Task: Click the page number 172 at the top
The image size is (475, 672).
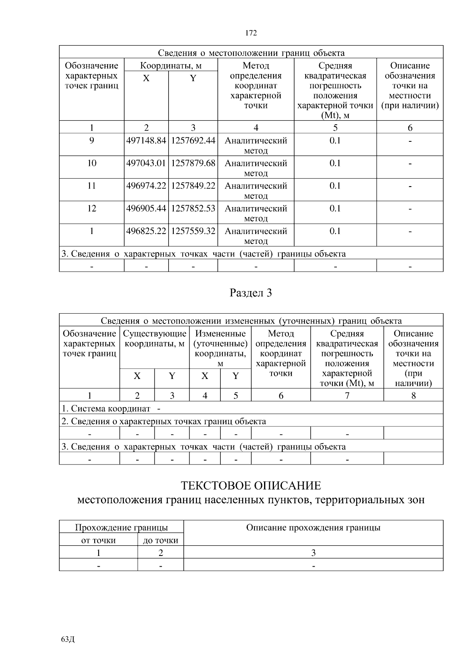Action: tap(251, 33)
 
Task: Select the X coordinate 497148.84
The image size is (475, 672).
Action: tap(146, 141)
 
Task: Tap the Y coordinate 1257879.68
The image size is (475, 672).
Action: tap(193, 163)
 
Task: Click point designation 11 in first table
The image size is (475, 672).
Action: tap(91, 186)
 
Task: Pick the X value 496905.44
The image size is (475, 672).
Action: tap(146, 208)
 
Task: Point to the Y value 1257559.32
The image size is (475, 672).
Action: tap(193, 231)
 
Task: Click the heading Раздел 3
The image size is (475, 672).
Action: tap(251, 293)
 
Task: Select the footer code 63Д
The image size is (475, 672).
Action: tap(68, 640)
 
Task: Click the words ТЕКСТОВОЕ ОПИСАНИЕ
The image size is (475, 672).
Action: tap(251, 485)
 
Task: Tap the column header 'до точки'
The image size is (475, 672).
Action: tap(160, 540)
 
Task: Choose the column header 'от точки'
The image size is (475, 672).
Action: tap(98, 540)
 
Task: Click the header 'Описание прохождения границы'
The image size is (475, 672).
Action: tap(313, 527)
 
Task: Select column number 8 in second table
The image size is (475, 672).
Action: tap(413, 395)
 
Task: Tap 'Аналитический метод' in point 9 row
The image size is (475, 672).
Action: tap(256, 145)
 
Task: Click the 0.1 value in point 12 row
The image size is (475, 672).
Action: tap(335, 208)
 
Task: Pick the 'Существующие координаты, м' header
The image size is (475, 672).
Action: tap(154, 339)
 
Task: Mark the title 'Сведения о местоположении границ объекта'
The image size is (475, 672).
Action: tap(251, 53)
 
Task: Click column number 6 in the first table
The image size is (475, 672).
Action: tap(410, 128)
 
